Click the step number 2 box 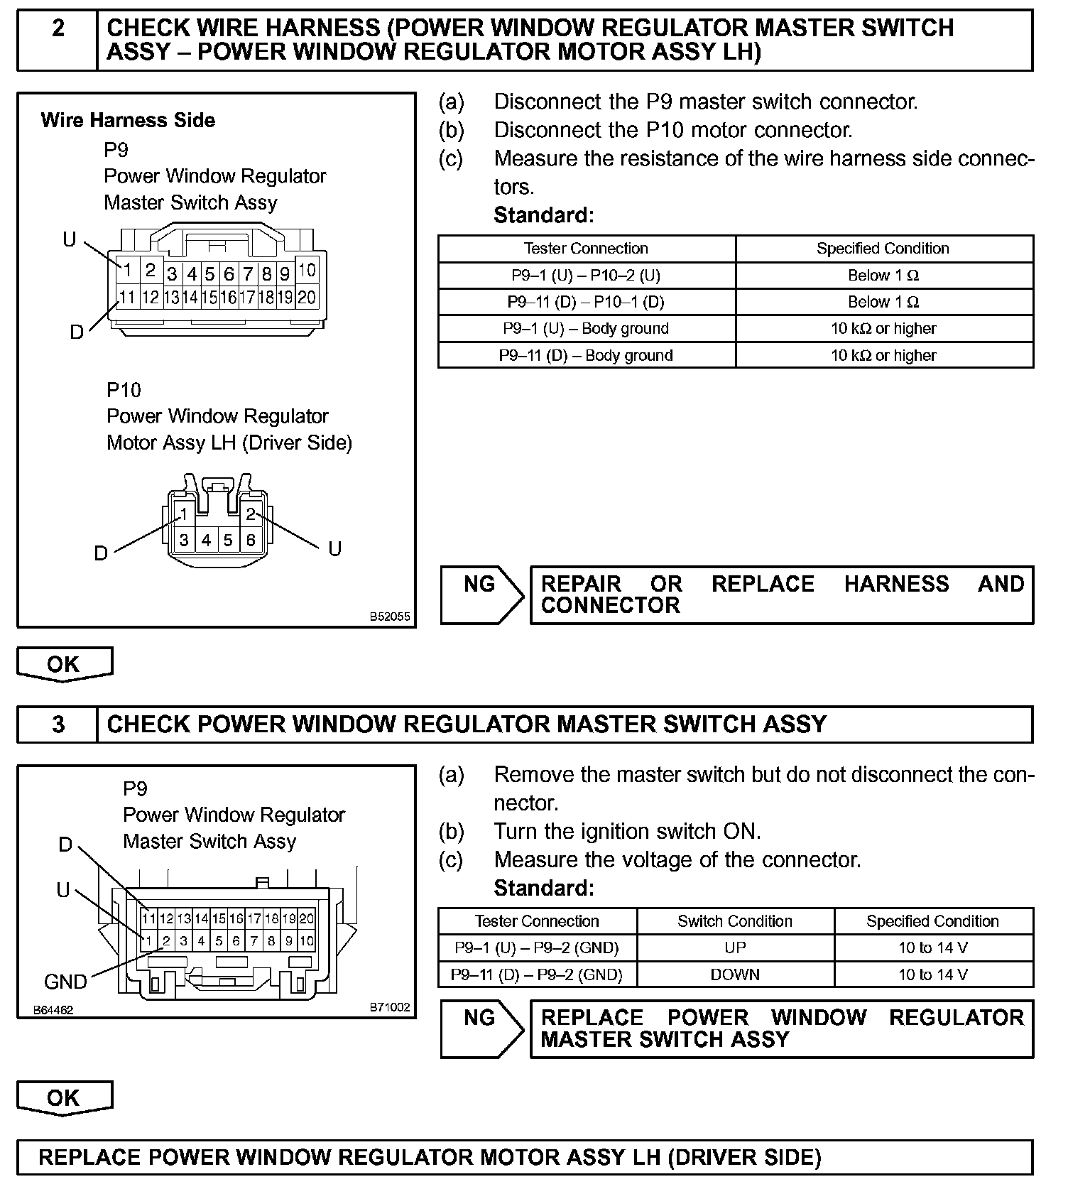tap(58, 40)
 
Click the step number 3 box tap(58, 724)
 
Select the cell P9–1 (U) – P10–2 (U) tap(586, 276)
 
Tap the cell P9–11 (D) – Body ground tap(586, 355)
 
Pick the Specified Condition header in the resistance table tap(883, 249)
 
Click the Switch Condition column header tap(735, 921)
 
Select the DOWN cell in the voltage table tap(735, 974)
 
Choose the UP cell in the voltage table tap(735, 948)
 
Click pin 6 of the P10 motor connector tap(251, 541)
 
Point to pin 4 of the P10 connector tap(206, 541)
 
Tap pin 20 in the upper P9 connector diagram tap(307, 297)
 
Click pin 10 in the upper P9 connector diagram tap(307, 271)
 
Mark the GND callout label tap(65, 982)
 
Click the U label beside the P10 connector tap(334, 548)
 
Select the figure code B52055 tap(389, 617)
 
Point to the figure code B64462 tap(53, 1009)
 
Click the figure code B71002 tap(389, 1007)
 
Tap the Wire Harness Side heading tap(128, 120)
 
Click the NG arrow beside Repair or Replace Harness tap(481, 594)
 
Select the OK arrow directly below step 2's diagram tap(65, 665)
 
